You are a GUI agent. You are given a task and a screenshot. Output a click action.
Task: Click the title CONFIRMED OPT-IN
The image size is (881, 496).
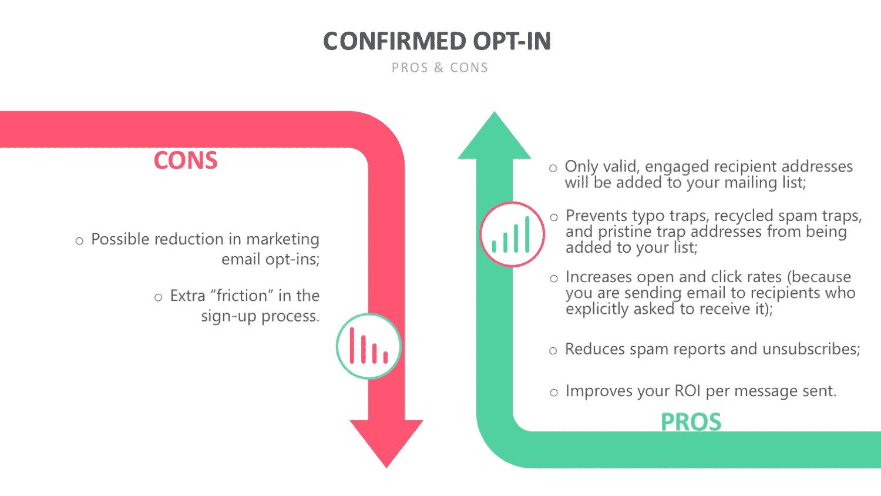point(437,41)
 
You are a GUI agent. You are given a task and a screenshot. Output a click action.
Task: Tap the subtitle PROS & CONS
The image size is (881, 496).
point(440,68)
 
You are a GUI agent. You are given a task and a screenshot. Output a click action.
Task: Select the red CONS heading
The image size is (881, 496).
point(186,160)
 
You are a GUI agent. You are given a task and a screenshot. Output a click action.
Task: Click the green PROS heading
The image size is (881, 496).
point(691,421)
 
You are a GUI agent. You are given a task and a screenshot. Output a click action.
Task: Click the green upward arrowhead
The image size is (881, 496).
point(495,138)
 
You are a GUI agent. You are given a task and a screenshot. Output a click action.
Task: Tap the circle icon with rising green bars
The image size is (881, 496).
point(512,234)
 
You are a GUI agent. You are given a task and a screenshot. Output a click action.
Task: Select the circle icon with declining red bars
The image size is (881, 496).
point(368,346)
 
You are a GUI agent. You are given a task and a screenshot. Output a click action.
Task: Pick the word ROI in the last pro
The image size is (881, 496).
point(688,391)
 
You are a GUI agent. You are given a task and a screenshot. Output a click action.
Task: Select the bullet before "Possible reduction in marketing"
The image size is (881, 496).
point(79,241)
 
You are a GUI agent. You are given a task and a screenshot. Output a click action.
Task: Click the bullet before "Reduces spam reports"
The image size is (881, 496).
point(553,351)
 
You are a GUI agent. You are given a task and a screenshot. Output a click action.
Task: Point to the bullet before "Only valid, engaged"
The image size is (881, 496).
point(553,168)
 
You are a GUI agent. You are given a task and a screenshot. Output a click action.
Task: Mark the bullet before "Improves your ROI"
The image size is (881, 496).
point(554,393)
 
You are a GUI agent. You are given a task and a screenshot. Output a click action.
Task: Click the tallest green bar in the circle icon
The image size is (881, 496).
point(527,234)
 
